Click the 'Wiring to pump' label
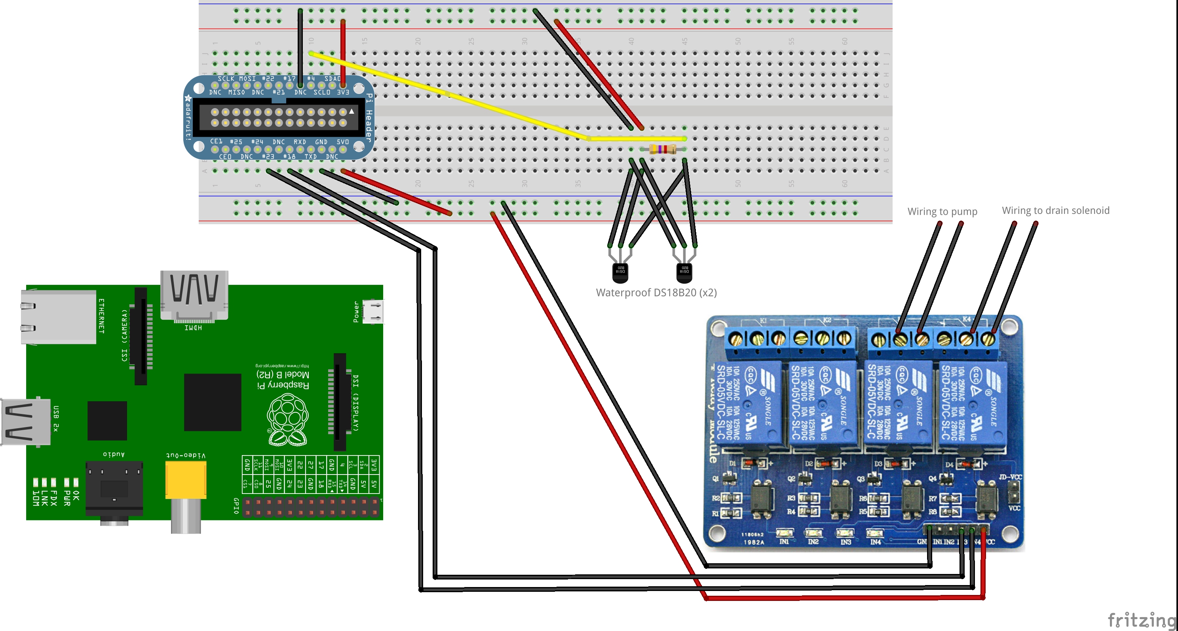[x=942, y=212]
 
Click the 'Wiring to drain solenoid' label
[x=1055, y=210]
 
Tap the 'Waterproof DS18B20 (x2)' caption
[x=656, y=292]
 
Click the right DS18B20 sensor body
[x=684, y=272]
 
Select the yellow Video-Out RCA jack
[x=185, y=480]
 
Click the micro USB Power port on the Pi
[x=373, y=311]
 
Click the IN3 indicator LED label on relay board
[x=845, y=541]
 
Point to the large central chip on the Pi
[x=212, y=402]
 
